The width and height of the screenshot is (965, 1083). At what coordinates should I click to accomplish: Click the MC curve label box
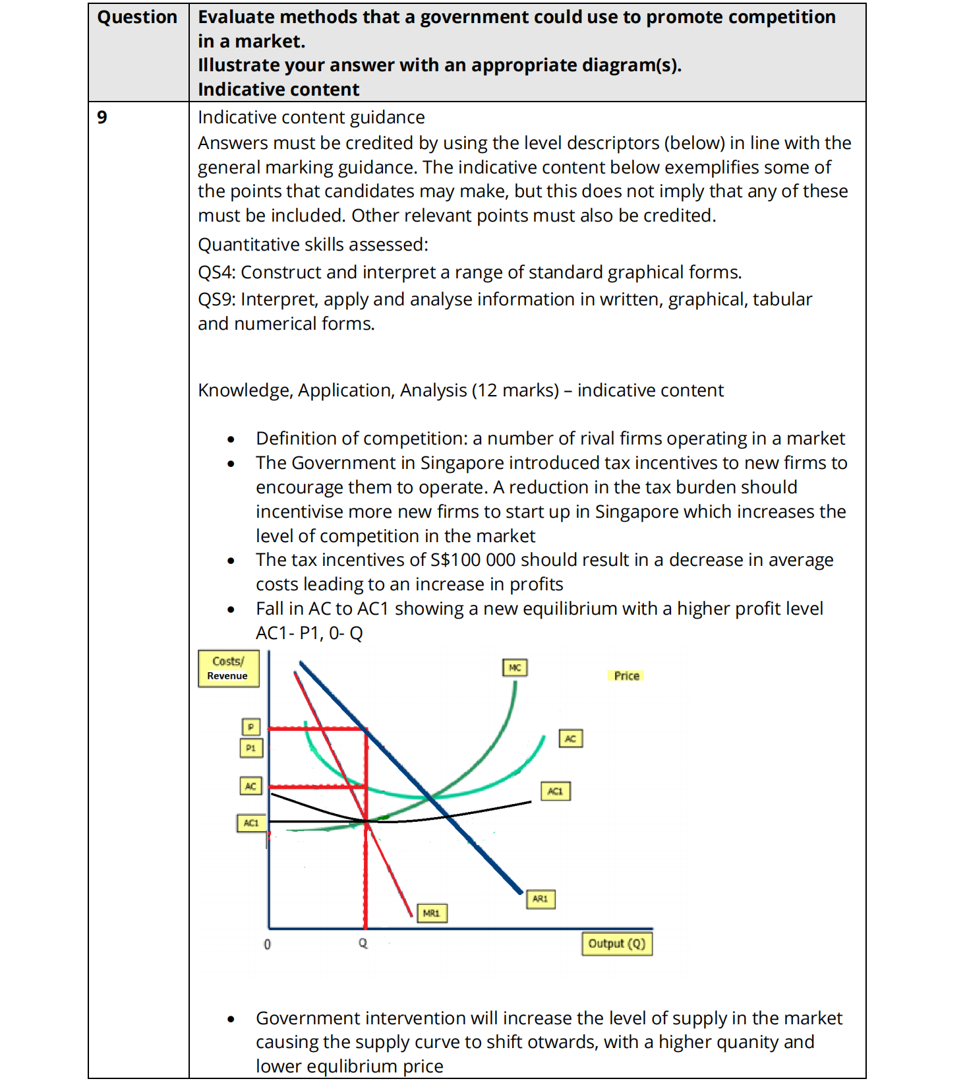515,667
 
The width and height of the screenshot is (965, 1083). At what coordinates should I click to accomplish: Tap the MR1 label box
431,913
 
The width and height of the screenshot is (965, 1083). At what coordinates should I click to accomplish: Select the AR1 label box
541,899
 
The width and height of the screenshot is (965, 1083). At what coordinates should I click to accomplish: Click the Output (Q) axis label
617,943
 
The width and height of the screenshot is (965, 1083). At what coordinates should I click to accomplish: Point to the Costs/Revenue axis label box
228,668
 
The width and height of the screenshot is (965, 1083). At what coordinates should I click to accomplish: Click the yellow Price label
626,675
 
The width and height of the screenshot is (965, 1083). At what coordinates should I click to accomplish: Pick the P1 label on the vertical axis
250,748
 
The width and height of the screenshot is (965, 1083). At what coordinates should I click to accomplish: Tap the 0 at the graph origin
267,944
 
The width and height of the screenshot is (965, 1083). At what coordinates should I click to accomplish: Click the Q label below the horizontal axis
363,943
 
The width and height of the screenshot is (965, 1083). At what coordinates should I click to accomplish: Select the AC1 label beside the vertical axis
251,823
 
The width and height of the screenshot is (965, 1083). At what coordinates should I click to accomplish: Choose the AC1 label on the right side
556,791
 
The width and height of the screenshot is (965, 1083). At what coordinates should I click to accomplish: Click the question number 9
102,117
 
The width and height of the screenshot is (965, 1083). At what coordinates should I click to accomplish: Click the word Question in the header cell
137,17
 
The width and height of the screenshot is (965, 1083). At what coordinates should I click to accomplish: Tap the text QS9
216,299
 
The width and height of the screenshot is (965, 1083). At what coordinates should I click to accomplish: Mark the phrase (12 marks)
515,390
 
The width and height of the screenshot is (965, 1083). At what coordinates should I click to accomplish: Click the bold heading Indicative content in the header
278,89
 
